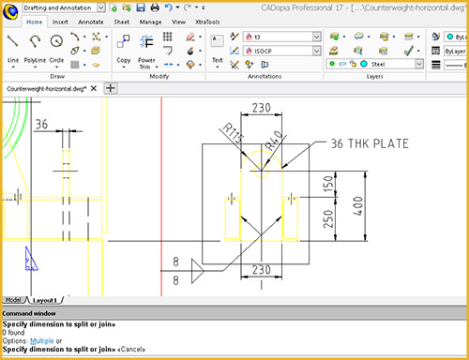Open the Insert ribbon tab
[x=61, y=20]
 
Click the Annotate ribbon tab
[x=92, y=20]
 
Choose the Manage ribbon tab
[x=149, y=20]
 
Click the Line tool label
[x=13, y=59]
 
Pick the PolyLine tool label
[x=35, y=59]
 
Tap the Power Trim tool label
[x=146, y=63]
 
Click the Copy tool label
[x=124, y=59]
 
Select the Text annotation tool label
[x=217, y=59]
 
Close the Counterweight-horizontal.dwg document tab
[x=95, y=88]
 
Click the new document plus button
[x=110, y=88]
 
